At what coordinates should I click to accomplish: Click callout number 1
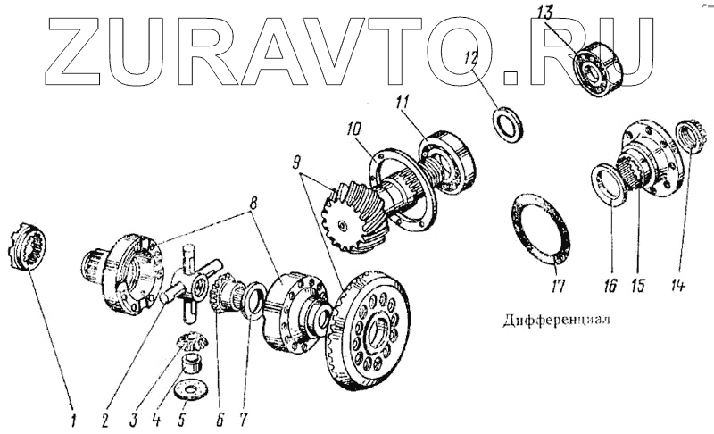(x=75, y=416)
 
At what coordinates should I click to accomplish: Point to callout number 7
(x=243, y=416)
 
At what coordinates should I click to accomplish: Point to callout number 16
(x=610, y=287)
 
